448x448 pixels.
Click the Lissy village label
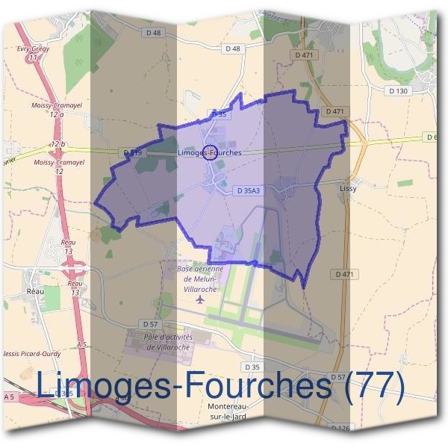(x=348, y=189)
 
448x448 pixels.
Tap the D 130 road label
(x=399, y=91)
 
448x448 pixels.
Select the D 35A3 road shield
(x=248, y=191)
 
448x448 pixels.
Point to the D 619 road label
(x=133, y=152)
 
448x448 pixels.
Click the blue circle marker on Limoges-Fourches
(x=210, y=152)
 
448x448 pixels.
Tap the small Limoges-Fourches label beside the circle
(x=210, y=152)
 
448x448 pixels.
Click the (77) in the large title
(x=370, y=386)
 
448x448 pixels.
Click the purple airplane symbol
(x=199, y=299)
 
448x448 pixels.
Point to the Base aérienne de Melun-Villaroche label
(x=199, y=278)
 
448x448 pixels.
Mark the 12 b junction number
(x=58, y=143)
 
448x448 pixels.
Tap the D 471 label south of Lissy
(x=343, y=275)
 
